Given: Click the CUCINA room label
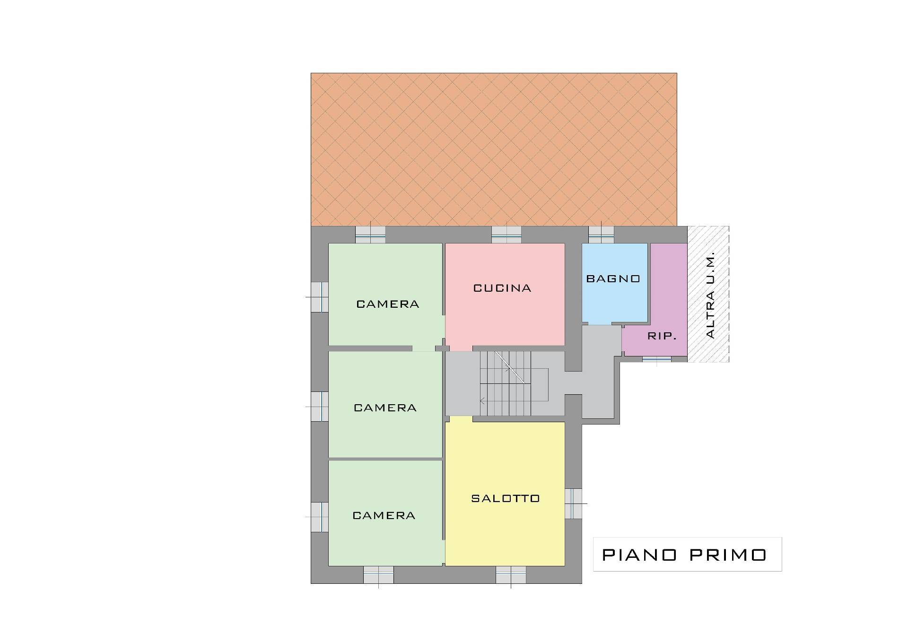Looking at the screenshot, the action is point(502,288).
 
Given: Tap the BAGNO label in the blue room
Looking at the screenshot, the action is point(613,278).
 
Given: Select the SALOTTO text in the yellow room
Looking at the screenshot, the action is point(506,498).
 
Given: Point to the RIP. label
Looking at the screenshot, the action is point(662,336).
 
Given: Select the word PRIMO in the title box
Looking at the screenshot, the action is point(728,555).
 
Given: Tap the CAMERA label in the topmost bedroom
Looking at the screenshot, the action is point(388,304).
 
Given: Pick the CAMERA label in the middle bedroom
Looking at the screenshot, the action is point(385,408).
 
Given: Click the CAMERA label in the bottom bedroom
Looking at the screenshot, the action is point(384,515).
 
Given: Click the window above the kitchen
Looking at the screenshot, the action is point(506,234).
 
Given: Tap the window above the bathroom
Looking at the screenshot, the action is point(601,234).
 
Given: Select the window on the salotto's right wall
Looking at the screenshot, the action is point(573,503).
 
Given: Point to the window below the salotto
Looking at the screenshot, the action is point(511,575).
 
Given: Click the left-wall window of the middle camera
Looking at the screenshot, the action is point(320,407).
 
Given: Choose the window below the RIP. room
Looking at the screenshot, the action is point(656,359).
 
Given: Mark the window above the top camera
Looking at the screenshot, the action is point(370,234).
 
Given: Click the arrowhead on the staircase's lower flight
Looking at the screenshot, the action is point(482,401).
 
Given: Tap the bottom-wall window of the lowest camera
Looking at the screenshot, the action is point(378,575).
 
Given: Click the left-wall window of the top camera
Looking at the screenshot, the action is point(320,297).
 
